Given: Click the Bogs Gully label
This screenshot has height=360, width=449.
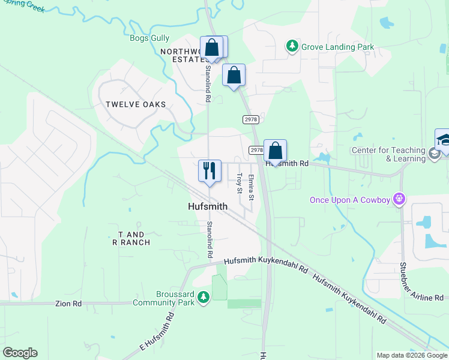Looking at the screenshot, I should (149, 38).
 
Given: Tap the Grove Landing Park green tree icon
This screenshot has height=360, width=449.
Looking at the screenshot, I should (292, 46).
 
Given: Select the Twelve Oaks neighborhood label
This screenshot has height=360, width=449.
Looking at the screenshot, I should (136, 104).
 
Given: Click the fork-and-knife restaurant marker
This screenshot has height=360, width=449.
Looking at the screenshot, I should (209, 170).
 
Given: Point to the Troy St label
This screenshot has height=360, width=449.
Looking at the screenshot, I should (240, 183).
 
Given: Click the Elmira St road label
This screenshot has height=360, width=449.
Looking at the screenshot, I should (251, 187).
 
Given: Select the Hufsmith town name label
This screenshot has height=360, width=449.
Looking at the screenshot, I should (205, 206).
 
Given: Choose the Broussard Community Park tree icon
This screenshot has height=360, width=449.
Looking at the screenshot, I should (203, 296).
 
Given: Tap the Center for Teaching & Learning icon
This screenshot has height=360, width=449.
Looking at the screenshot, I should (434, 154).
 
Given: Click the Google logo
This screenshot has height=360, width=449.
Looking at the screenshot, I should (20, 353).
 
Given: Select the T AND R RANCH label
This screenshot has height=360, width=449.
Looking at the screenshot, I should (131, 238).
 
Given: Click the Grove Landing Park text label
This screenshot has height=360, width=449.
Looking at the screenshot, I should (337, 47).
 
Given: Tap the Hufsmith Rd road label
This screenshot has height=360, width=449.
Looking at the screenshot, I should (288, 163).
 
